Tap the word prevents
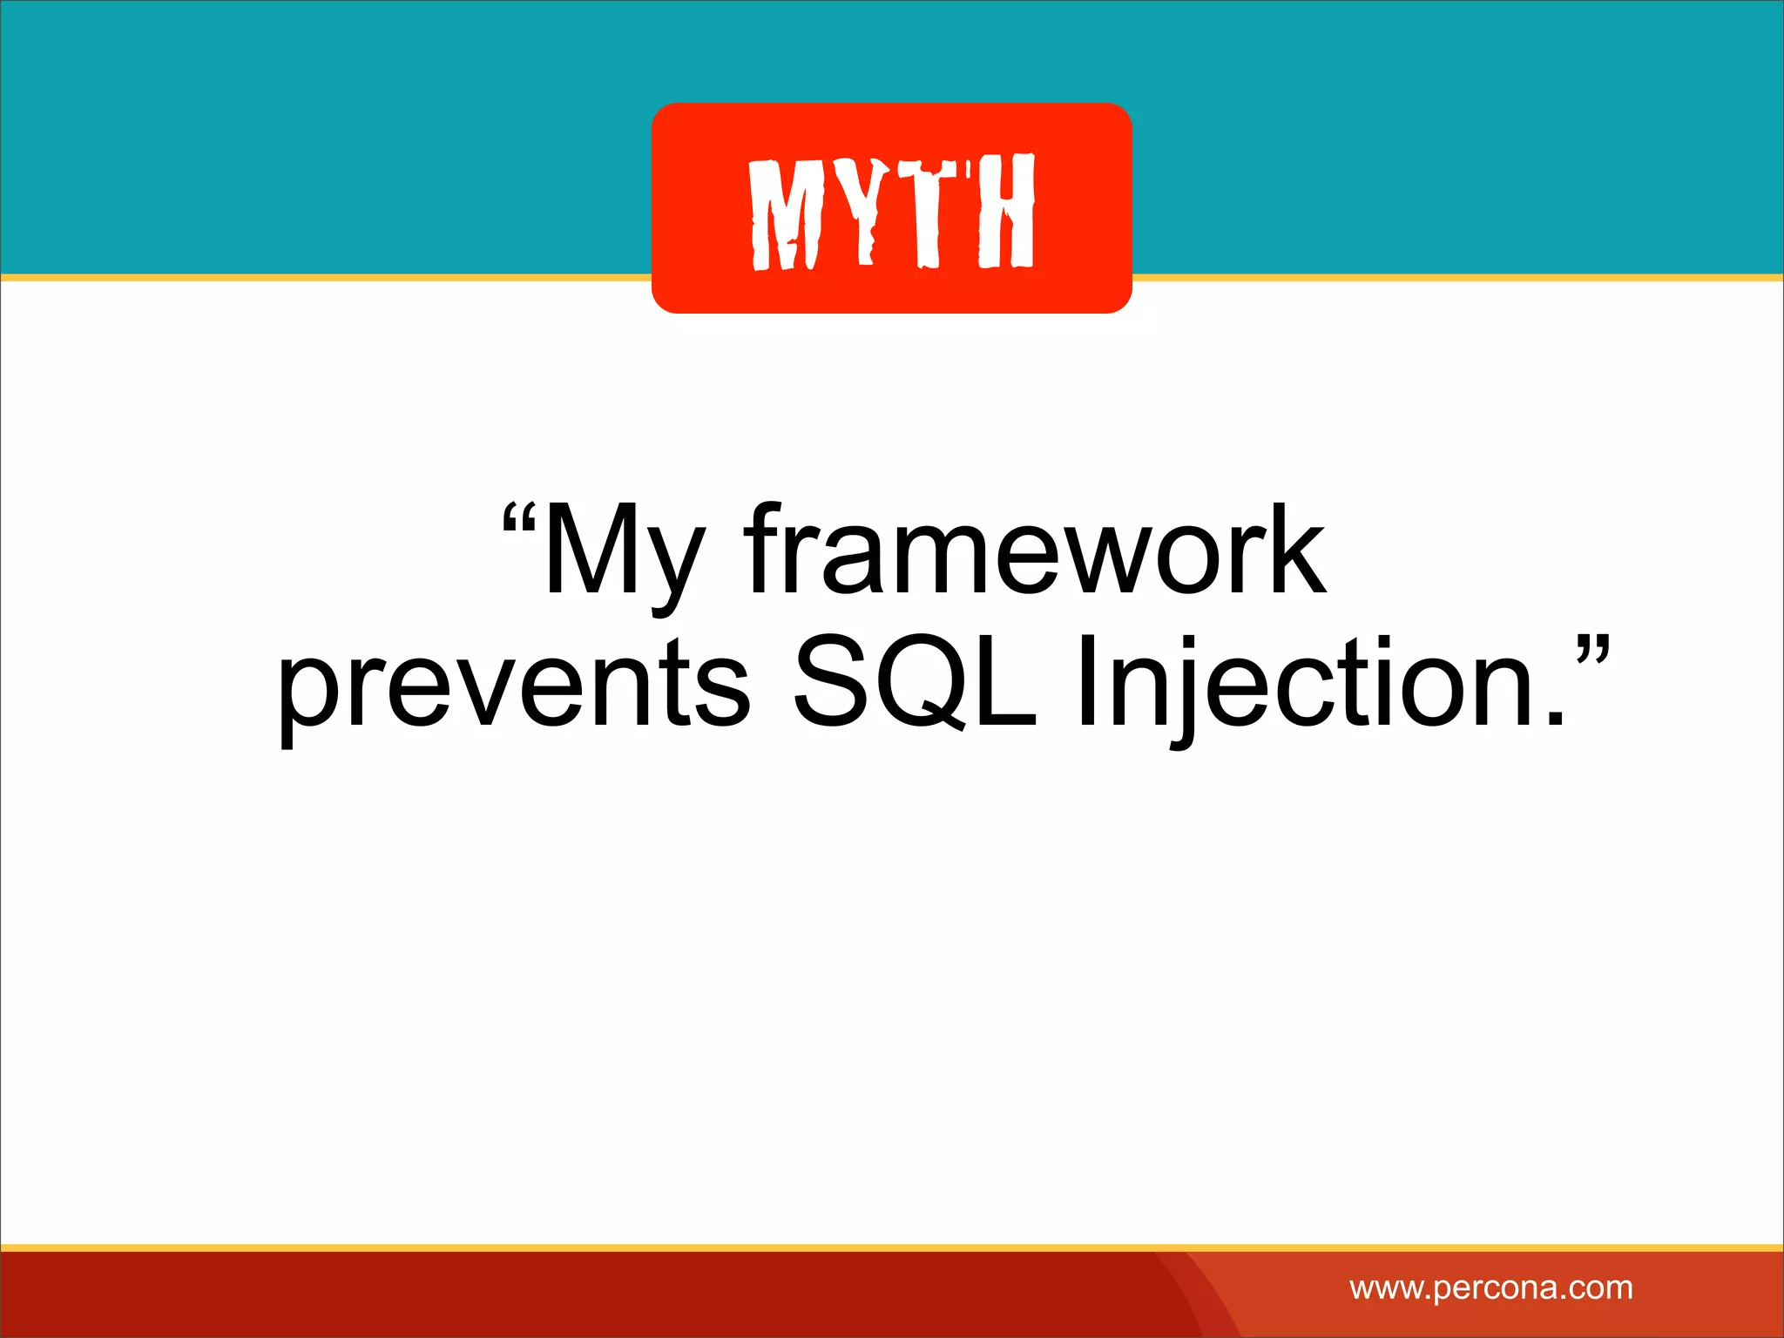click(x=513, y=684)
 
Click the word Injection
click(x=1315, y=684)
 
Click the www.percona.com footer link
click(x=1490, y=1287)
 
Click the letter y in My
click(x=672, y=566)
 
